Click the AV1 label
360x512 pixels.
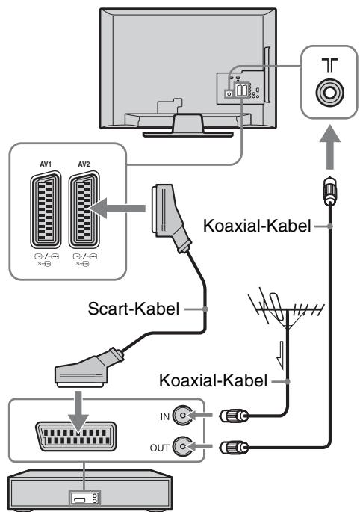tap(46, 164)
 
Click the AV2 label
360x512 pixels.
tap(84, 164)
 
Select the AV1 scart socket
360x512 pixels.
tap(46, 209)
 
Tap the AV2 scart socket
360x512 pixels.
tap(84, 209)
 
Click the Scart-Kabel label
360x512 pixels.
tap(134, 309)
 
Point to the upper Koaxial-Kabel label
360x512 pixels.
tap(257, 226)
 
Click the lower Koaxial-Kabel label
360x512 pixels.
tap(214, 380)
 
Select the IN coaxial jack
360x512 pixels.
tap(182, 416)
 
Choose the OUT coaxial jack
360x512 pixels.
tap(182, 446)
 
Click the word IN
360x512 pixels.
tap(165, 416)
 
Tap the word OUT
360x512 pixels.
tap(160, 448)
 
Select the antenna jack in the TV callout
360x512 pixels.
tap(329, 93)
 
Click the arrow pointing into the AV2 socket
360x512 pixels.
tap(117, 209)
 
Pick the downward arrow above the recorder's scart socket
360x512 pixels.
tap(78, 413)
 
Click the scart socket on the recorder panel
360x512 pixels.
tap(76, 437)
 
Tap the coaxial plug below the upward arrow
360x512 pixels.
tap(330, 191)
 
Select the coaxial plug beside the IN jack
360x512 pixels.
tap(234, 416)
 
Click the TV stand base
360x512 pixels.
tap(187, 134)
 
